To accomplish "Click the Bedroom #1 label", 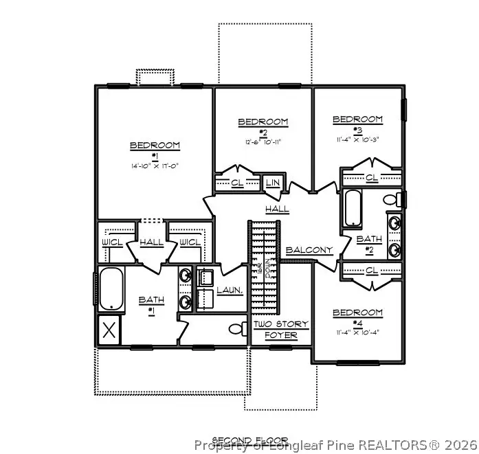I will (x=155, y=146).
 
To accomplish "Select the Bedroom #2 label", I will (x=263, y=122).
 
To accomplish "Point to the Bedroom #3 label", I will (x=357, y=120).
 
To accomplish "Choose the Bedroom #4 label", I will (x=357, y=313).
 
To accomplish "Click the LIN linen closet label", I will (x=273, y=183).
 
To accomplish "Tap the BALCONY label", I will (x=309, y=250).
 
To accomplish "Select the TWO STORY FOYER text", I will (x=281, y=330).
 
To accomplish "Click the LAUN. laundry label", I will (x=230, y=291).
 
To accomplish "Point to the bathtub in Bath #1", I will (x=110, y=289).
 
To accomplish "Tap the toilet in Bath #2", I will (x=390, y=201).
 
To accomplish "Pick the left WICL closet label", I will (x=112, y=242).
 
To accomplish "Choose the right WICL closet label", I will (x=190, y=242).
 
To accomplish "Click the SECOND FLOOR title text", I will (x=249, y=440).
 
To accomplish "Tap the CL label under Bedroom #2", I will (x=237, y=183).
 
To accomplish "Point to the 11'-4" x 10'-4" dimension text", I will (x=357, y=332).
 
